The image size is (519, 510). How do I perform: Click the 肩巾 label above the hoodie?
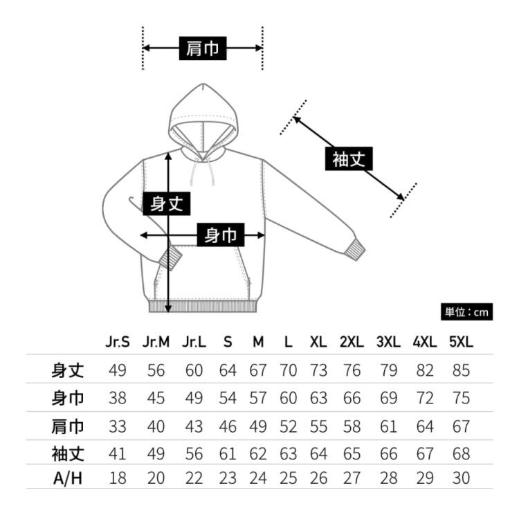pyautogui.click(x=202, y=48)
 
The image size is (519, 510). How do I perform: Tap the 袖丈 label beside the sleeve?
pyautogui.click(x=348, y=160)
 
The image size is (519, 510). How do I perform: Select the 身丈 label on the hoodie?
pyautogui.click(x=166, y=203)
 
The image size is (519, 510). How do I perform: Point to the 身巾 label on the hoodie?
pyautogui.click(x=221, y=236)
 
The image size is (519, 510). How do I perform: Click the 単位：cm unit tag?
pyautogui.click(x=466, y=312)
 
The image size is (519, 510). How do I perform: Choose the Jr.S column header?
pyautogui.click(x=117, y=343)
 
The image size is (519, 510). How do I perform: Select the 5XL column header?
pyautogui.click(x=460, y=343)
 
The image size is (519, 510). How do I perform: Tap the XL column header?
pyautogui.click(x=318, y=343)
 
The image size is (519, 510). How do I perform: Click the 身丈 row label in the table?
pyautogui.click(x=68, y=370)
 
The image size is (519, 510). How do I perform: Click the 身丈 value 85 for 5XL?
pyautogui.click(x=460, y=370)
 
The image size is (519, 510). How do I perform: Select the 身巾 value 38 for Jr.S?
pyautogui.click(x=117, y=399)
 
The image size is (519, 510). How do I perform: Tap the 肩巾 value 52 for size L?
pyautogui.click(x=287, y=427)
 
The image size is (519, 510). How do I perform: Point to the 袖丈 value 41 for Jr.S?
pyautogui.click(x=117, y=455)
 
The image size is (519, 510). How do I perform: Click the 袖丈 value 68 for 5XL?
pyautogui.click(x=460, y=455)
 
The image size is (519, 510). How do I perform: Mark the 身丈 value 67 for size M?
pyautogui.click(x=258, y=370)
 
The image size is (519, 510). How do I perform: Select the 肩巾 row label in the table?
pyautogui.click(x=68, y=427)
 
